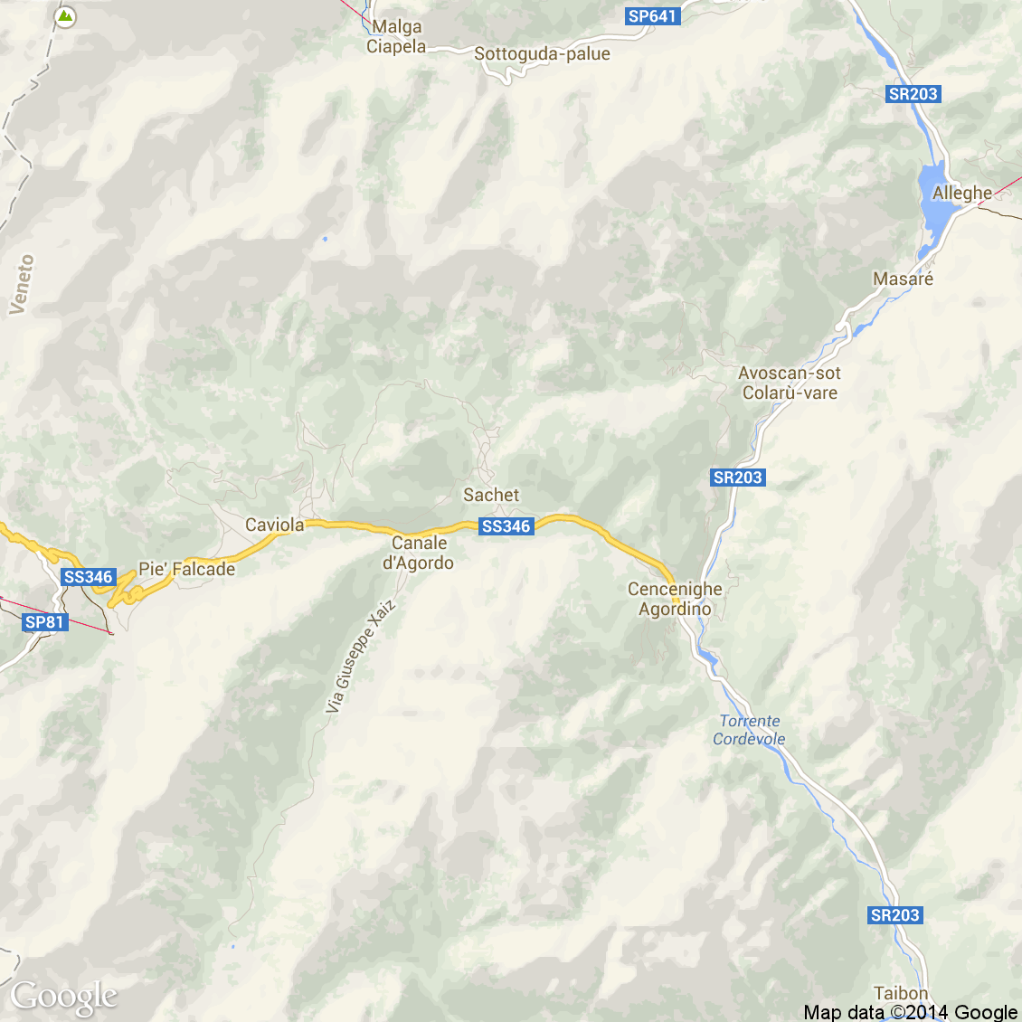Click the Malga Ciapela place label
pos(396,37)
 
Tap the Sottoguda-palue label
pos(542,54)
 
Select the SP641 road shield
pos(652,16)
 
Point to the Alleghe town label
pos(962,193)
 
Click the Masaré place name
pos(903,279)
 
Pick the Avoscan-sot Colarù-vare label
pos(790,383)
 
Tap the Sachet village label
pos(491,495)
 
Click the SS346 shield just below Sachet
pos(506,526)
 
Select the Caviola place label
pos(275,525)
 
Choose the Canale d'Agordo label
pos(419,553)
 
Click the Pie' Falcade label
pos(186,569)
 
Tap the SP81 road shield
pos(45,622)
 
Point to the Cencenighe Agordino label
pos(675,599)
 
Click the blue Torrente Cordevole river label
pos(749,730)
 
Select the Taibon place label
pos(901,994)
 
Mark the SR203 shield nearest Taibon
pos(894,915)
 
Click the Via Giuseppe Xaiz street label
pos(361,656)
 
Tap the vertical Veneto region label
pos(22,284)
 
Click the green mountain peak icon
pos(65,16)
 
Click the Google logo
pos(63,997)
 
